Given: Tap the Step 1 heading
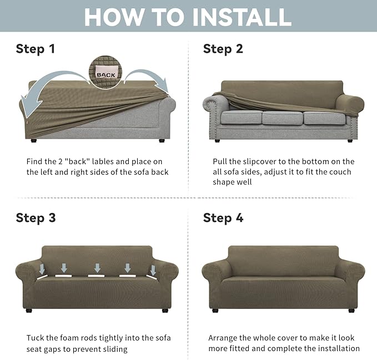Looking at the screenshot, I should pos(36,49).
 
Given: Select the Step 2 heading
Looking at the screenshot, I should pos(223,49).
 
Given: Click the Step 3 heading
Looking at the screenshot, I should pos(36,217).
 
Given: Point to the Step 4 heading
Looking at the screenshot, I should pos(223,217).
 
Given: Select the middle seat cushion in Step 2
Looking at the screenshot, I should pos(282,118).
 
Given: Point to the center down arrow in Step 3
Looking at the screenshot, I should pos(98,268).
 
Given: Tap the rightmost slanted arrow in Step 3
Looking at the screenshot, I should pos(152,270).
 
